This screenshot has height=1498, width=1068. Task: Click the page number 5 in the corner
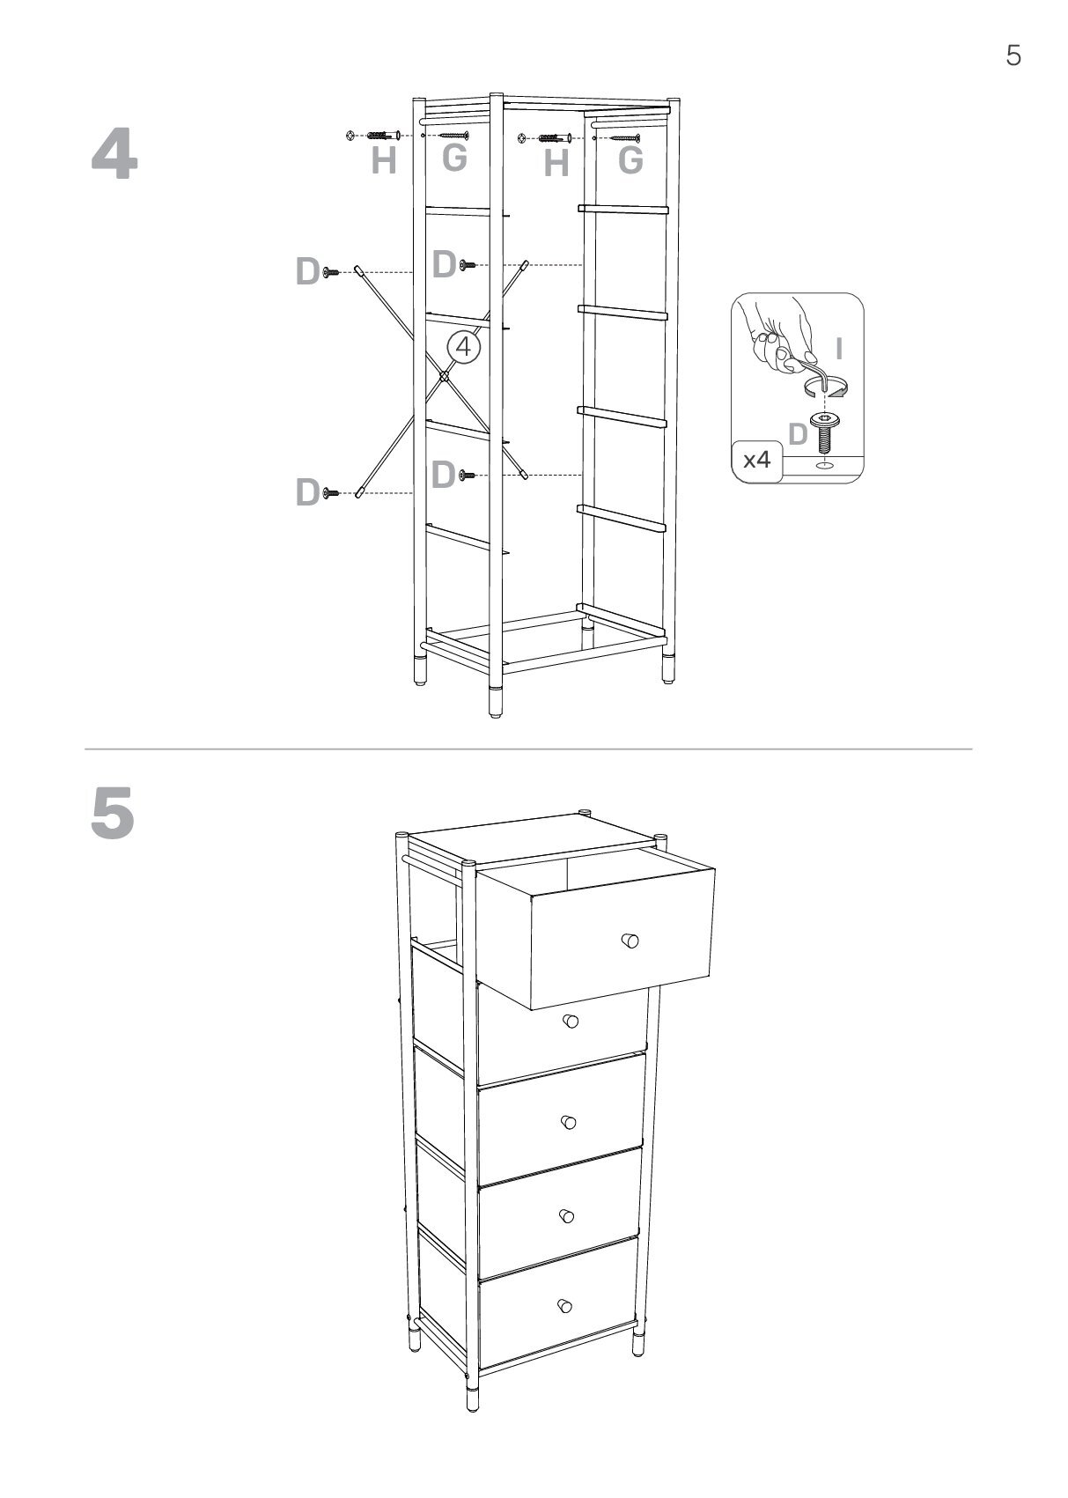tap(1013, 55)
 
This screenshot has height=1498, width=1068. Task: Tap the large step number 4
tap(114, 154)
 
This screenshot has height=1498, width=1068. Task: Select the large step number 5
tap(113, 813)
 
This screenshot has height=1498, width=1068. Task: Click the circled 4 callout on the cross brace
tap(463, 347)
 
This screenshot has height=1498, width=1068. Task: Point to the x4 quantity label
tap(756, 460)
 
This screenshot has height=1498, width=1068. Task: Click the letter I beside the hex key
tap(838, 349)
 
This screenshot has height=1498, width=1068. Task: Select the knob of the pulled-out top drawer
tap(630, 941)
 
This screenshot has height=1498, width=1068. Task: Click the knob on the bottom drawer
tap(564, 1305)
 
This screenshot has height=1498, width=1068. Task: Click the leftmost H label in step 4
tap(384, 160)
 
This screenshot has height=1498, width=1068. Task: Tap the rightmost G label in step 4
tap(630, 159)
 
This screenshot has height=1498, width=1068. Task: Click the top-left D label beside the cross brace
tap(307, 271)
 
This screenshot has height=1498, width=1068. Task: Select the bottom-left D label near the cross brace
tap(307, 492)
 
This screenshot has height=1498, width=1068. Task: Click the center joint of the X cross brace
tap(444, 377)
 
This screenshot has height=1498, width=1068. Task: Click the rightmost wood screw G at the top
tap(626, 138)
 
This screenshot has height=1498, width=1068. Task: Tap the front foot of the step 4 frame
tap(496, 701)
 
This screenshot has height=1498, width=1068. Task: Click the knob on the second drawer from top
tap(571, 1022)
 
